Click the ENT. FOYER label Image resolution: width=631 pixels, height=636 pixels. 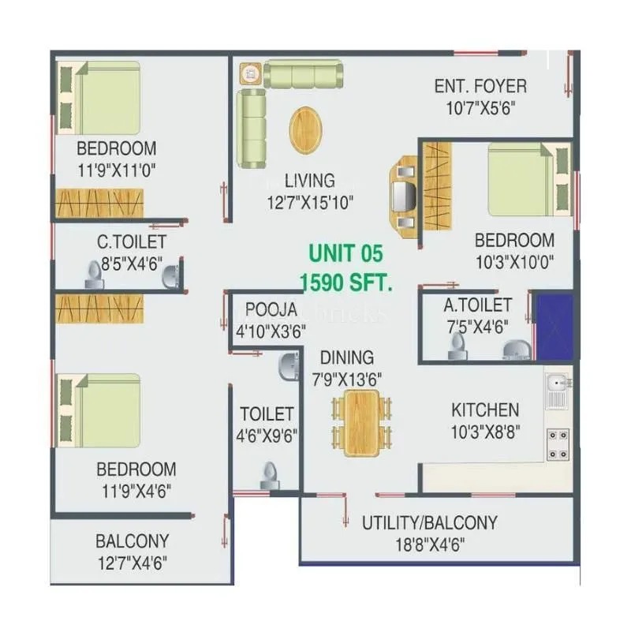pos(480,86)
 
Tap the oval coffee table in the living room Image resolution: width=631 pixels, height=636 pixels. pos(305,129)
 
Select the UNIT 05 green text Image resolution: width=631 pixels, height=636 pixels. pos(345,254)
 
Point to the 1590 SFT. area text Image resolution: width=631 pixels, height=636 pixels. pos(345,282)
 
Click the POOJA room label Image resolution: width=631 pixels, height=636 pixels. pos(271,309)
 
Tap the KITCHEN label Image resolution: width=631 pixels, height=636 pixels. pos(485,410)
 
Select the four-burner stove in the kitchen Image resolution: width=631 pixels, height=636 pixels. pos(558,443)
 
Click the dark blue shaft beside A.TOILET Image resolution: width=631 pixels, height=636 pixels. pos(554,327)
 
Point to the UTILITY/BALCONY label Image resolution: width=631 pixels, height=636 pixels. pos(429,523)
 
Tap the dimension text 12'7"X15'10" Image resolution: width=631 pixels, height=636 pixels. pos(310,202)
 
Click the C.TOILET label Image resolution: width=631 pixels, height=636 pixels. pos(121,241)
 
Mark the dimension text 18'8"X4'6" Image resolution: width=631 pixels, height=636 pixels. pos(430,544)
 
